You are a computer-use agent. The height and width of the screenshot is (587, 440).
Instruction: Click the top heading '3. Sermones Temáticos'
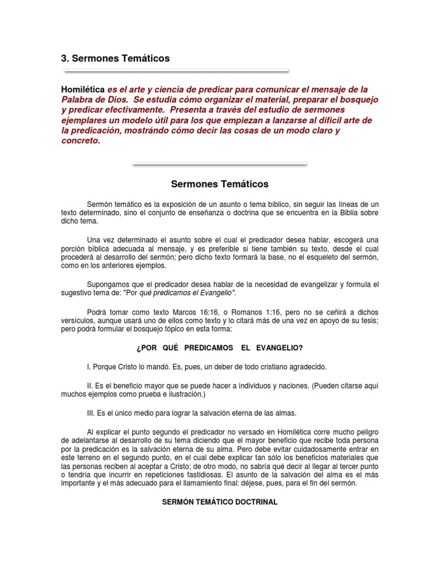tap(115, 58)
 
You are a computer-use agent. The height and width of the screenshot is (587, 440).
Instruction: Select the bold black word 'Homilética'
tap(83, 90)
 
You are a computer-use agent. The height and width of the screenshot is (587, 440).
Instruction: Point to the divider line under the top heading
tap(176, 72)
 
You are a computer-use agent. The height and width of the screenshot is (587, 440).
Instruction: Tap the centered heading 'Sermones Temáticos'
tap(220, 185)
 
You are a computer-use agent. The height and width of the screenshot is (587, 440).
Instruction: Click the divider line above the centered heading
tap(219, 164)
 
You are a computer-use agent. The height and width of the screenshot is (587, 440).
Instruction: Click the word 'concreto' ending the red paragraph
tap(80, 141)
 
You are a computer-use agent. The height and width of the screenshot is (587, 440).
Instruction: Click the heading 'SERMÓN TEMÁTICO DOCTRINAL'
tap(220, 502)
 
